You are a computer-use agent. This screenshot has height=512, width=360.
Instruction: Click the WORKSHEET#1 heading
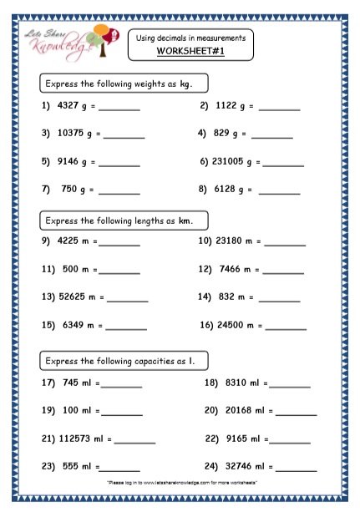191,52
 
